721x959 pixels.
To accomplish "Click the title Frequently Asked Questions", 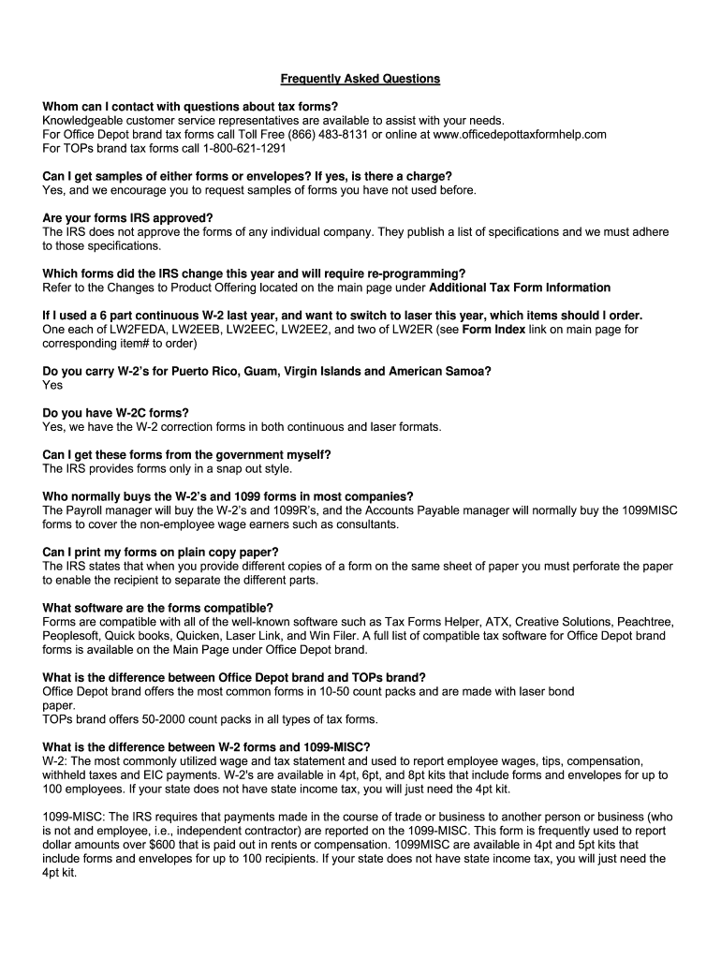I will (360, 79).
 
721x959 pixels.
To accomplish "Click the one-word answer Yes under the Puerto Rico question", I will (52, 385).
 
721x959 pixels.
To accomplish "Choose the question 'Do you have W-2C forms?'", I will (115, 413).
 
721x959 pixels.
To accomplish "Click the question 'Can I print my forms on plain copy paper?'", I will (160, 552).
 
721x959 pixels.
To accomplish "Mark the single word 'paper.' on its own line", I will (58, 705).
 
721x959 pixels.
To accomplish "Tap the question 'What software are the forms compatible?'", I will (157, 608).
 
